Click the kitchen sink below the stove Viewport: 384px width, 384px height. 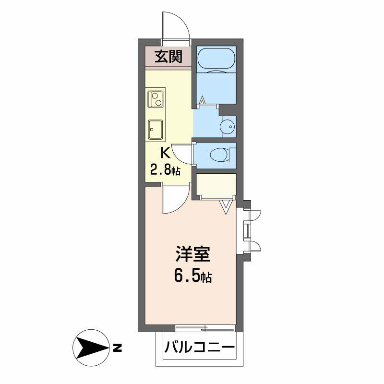156,129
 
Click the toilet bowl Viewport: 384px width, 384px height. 219,155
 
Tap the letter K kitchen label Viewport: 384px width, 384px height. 165,154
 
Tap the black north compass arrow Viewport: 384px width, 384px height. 91,347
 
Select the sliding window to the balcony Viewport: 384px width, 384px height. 205,328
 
